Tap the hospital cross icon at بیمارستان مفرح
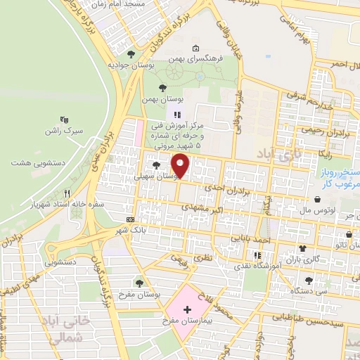tap(187, 309)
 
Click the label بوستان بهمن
tap(158, 100)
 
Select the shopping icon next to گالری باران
tap(302, 248)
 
